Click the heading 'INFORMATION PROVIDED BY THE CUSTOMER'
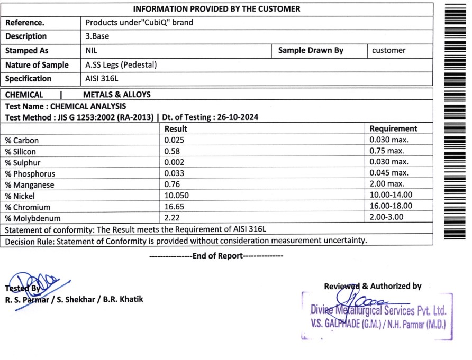[x=216, y=9]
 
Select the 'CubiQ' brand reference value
[x=139, y=23]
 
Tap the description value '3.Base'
[x=97, y=36]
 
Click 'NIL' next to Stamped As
[x=91, y=51]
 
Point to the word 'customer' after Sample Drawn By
[x=388, y=51]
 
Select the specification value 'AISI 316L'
[x=102, y=79]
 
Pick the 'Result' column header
[x=176, y=128]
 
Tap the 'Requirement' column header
[x=393, y=128]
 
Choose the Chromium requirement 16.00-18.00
[x=391, y=207]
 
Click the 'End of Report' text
[x=216, y=256]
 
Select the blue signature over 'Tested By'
[x=34, y=285]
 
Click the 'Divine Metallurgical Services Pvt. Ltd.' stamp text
[x=378, y=310]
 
